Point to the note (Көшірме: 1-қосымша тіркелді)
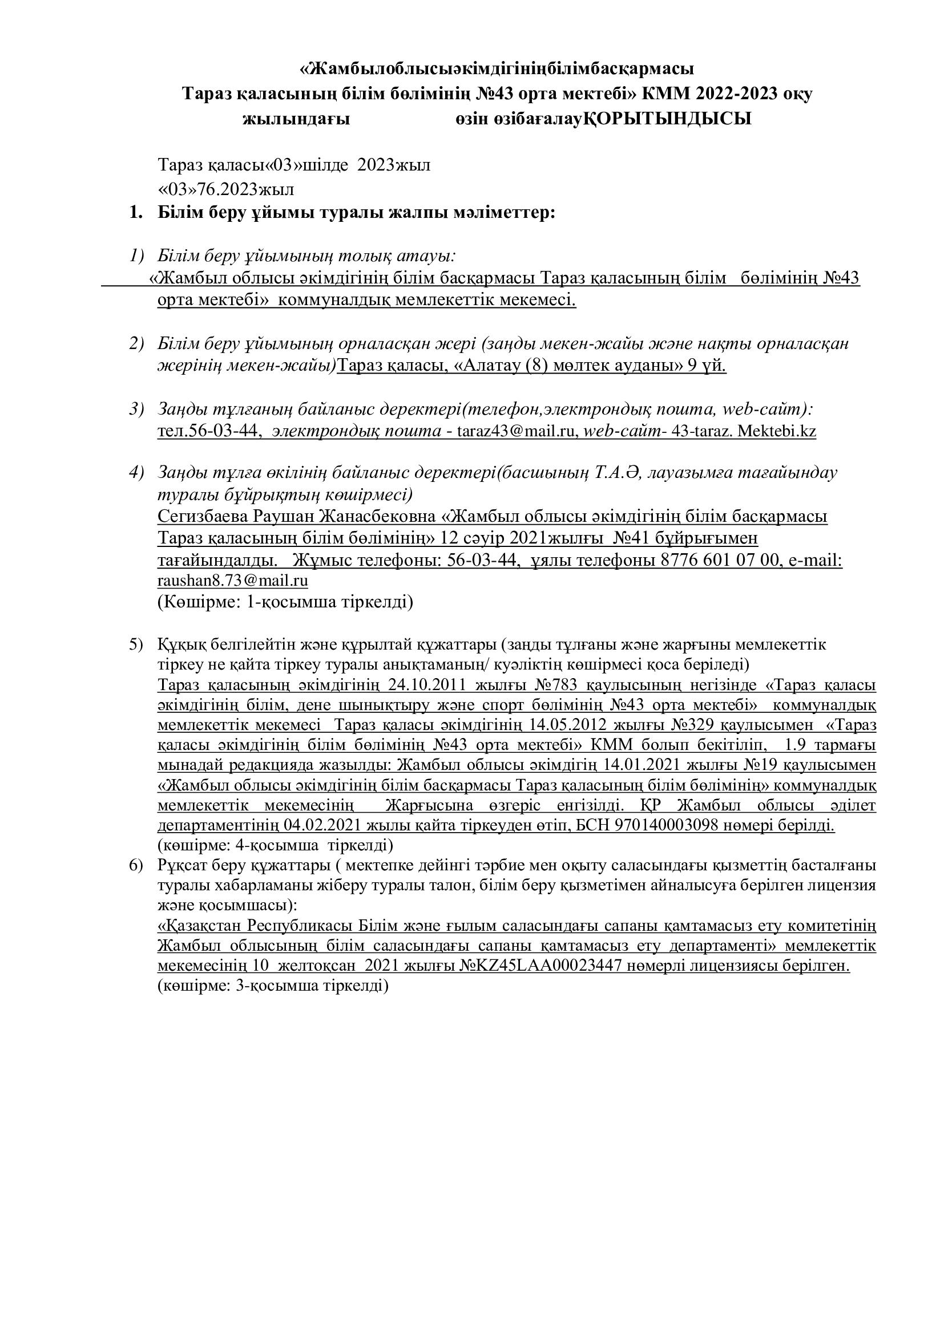285,602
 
